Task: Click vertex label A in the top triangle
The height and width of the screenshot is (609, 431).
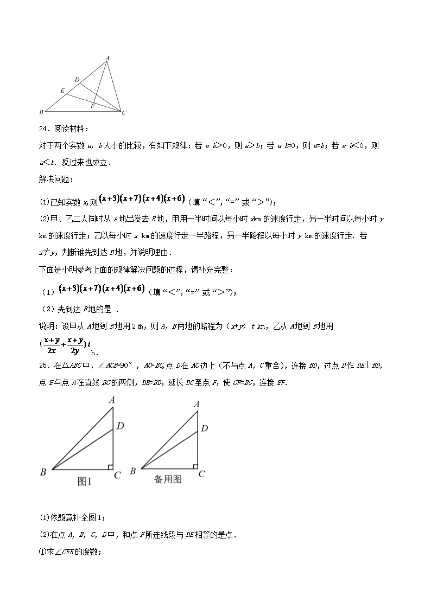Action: pos(107,57)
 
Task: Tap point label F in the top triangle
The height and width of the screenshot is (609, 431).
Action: pos(93,106)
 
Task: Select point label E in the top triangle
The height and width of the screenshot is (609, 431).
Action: pos(62,90)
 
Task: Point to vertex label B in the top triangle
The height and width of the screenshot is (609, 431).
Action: pos(41,112)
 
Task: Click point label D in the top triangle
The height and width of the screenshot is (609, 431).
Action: pos(77,80)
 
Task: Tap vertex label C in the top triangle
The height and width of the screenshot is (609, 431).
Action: pos(124,113)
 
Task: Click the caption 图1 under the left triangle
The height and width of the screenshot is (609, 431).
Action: pos(85,480)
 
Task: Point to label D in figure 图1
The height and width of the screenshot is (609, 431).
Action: pos(121,426)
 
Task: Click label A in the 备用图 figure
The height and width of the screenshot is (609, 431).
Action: pos(197,403)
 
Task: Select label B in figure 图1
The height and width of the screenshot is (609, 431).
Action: pos(43,472)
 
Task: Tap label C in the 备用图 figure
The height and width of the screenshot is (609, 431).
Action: pos(201,473)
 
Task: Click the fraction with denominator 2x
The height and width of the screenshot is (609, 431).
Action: pos(52,344)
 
